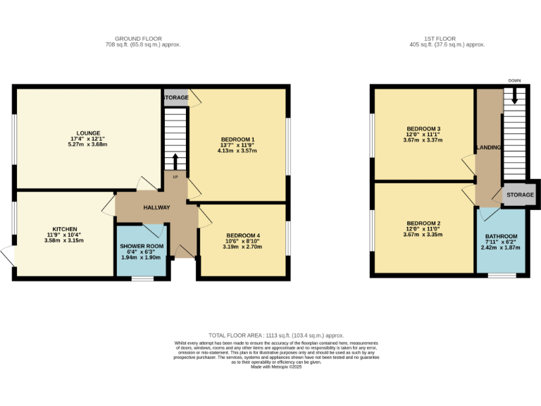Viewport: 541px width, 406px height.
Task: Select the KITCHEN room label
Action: [x=64, y=228]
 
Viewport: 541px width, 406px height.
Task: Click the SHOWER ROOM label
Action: [x=142, y=246]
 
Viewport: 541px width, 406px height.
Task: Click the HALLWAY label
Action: [x=156, y=208]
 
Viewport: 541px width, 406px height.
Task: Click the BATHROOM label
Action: [x=501, y=236]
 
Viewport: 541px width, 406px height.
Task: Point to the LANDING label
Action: [x=488, y=148]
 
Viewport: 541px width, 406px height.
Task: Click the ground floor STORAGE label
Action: [x=176, y=98]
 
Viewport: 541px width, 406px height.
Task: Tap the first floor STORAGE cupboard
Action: [x=520, y=194]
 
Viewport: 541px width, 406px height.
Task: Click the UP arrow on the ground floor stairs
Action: [x=175, y=162]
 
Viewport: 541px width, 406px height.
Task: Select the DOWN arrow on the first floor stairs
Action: [x=514, y=95]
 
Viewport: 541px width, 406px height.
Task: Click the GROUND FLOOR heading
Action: [x=138, y=39]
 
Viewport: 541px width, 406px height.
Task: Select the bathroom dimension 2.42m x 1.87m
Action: [x=501, y=248]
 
